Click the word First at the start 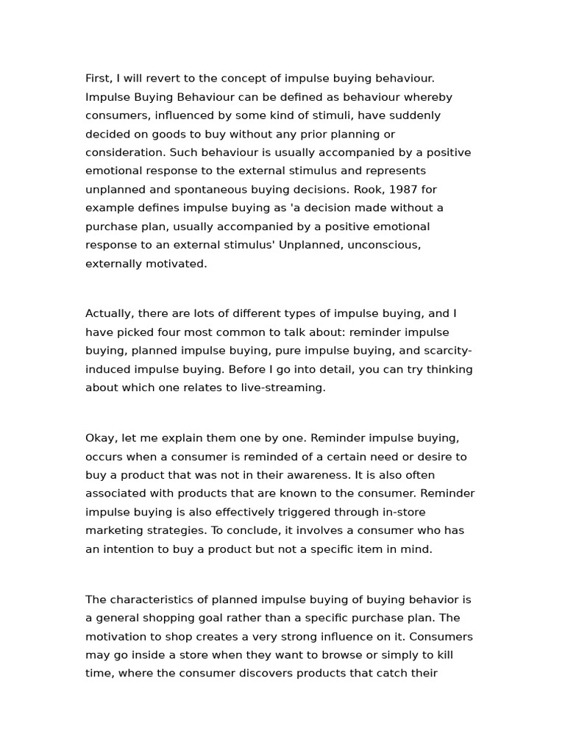pos(99,79)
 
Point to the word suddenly pos(414,115)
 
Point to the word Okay pos(100,438)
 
